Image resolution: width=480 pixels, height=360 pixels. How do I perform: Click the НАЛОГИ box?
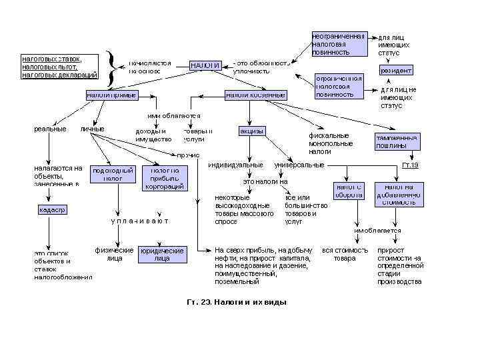(x=206, y=65)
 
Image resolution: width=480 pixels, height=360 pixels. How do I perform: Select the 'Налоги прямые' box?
(x=111, y=95)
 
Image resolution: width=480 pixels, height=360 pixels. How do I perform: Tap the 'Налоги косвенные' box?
(x=255, y=95)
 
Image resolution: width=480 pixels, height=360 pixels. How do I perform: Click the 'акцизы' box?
(x=252, y=131)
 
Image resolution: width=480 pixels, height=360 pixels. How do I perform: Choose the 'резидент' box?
(x=395, y=70)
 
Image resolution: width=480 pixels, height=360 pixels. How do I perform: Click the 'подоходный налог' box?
(x=113, y=174)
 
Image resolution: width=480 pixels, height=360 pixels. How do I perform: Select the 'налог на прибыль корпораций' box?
(x=165, y=178)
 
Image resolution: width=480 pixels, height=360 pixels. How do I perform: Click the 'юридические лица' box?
(x=162, y=254)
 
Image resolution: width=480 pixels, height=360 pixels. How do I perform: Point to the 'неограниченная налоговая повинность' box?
(x=339, y=43)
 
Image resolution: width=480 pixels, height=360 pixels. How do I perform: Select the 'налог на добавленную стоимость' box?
(x=399, y=194)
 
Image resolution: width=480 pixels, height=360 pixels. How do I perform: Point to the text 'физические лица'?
(x=115, y=254)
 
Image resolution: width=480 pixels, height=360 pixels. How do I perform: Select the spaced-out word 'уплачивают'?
(x=139, y=220)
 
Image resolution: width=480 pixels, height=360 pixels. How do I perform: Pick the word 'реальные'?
(x=50, y=129)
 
